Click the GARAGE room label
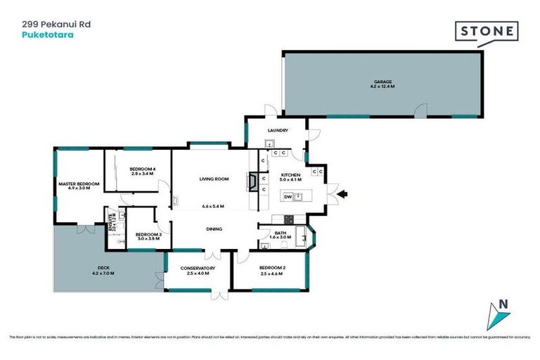[x=382, y=81]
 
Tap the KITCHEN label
[x=291, y=175]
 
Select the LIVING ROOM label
[x=214, y=179]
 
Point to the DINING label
[x=214, y=229]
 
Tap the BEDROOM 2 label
[x=271, y=268]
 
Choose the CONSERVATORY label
[x=198, y=268]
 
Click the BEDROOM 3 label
[x=148, y=234]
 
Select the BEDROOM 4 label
[x=143, y=169]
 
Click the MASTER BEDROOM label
[x=78, y=184]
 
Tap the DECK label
[x=103, y=268]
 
